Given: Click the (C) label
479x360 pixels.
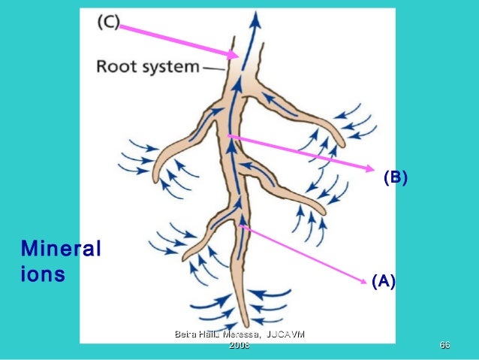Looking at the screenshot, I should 108,23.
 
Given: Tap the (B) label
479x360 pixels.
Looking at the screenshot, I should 395,177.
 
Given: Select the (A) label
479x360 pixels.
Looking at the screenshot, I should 383,282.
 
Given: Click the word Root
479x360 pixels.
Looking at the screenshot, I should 117,66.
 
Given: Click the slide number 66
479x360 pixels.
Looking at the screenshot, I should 444,345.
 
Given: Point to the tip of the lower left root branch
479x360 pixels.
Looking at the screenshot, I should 185,257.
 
